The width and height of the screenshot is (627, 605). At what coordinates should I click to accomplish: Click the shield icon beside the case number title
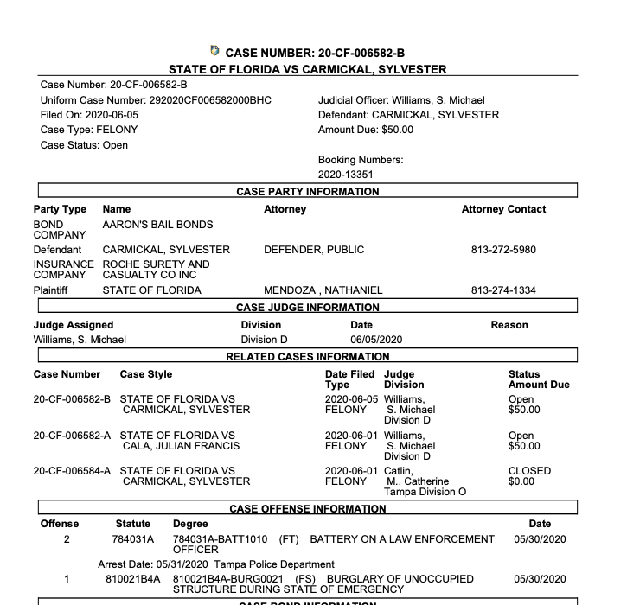click(214, 52)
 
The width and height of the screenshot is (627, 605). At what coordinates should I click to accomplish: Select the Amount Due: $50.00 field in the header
click(366, 130)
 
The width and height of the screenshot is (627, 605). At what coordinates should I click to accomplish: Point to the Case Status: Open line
click(84, 145)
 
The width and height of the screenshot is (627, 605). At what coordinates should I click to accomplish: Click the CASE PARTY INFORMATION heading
click(308, 192)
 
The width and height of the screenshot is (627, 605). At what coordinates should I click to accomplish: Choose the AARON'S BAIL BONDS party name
click(157, 225)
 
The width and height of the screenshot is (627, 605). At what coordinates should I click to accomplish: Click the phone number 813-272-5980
click(503, 250)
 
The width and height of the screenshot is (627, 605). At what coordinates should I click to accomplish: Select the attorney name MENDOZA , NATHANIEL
click(323, 290)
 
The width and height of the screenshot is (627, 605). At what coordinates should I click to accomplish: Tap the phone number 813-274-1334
click(503, 290)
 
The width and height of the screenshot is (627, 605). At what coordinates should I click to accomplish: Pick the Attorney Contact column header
click(503, 209)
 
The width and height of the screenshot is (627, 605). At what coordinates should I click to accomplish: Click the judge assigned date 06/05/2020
click(376, 340)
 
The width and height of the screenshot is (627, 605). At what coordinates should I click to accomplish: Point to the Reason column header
click(509, 325)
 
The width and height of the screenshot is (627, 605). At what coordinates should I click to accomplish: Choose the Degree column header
click(190, 524)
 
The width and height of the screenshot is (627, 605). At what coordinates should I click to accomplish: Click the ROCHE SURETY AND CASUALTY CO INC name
click(156, 270)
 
